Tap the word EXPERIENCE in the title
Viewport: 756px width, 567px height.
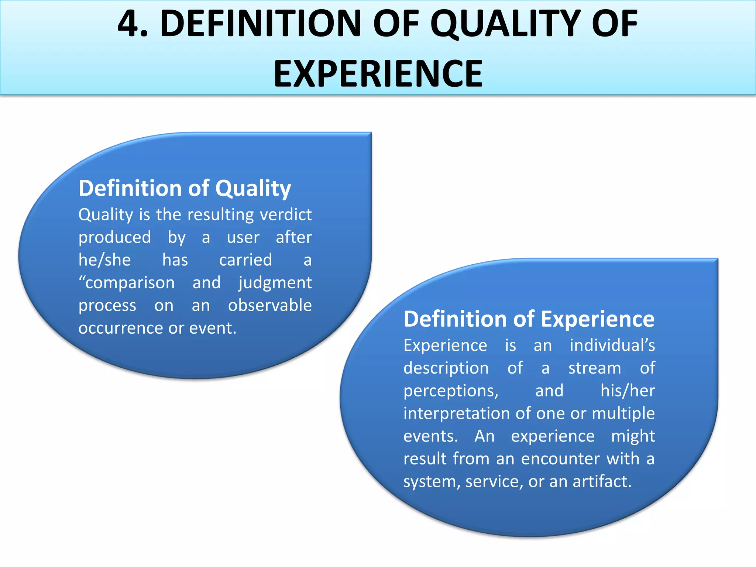click(378, 74)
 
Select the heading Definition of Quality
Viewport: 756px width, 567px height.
click(185, 188)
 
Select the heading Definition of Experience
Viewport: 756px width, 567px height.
click(529, 319)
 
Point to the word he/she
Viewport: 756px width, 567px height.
click(104, 260)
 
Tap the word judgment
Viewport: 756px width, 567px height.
click(275, 283)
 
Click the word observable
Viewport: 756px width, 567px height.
click(270, 305)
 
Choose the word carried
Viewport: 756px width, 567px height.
click(245, 260)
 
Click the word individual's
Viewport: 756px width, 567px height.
click(612, 346)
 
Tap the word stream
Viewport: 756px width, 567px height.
click(594, 368)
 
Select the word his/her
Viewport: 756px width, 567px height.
click(628, 391)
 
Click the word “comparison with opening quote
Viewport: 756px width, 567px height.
click(127, 283)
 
